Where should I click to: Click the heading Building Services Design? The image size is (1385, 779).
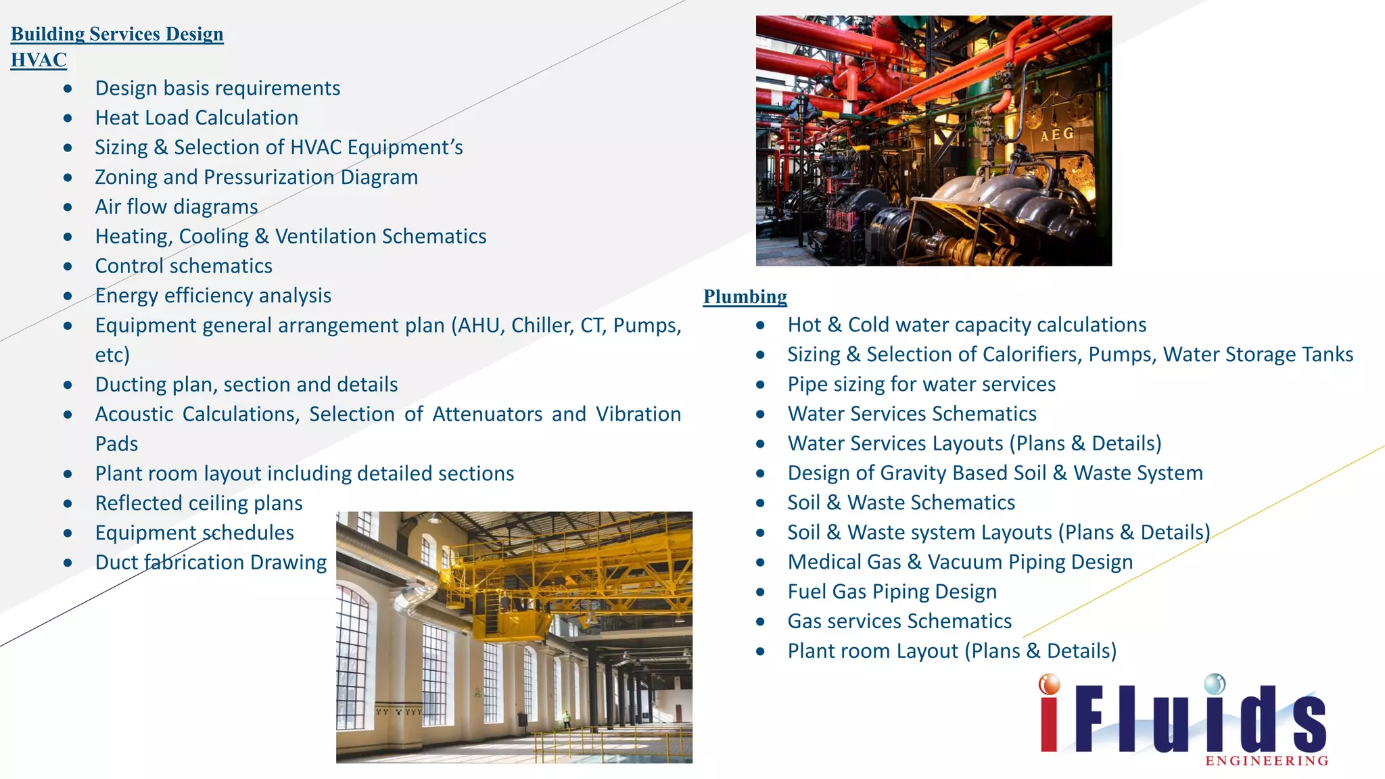coord(117,34)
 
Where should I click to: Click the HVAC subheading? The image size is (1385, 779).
coord(39,60)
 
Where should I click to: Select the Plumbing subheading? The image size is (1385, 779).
coord(745,296)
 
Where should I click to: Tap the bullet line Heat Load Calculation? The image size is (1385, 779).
coord(196,118)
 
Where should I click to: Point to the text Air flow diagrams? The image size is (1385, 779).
coord(176,207)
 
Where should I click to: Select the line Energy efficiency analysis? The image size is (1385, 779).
coord(212,296)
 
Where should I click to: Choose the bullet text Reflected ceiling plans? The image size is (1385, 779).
coord(198,503)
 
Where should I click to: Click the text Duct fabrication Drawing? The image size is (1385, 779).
coord(210,563)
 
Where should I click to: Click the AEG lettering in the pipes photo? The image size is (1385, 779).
coord(1056,135)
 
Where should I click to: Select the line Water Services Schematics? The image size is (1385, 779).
coord(912,414)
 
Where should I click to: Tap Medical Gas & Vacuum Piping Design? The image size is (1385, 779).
coord(960,562)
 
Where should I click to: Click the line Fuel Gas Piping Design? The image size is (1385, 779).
coord(891,592)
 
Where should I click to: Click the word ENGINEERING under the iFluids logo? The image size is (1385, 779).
coord(1266,761)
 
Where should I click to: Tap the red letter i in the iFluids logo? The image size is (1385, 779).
coord(1049,717)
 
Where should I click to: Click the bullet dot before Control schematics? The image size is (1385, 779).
coord(68,266)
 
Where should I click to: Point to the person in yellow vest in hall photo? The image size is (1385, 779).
coord(567,718)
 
